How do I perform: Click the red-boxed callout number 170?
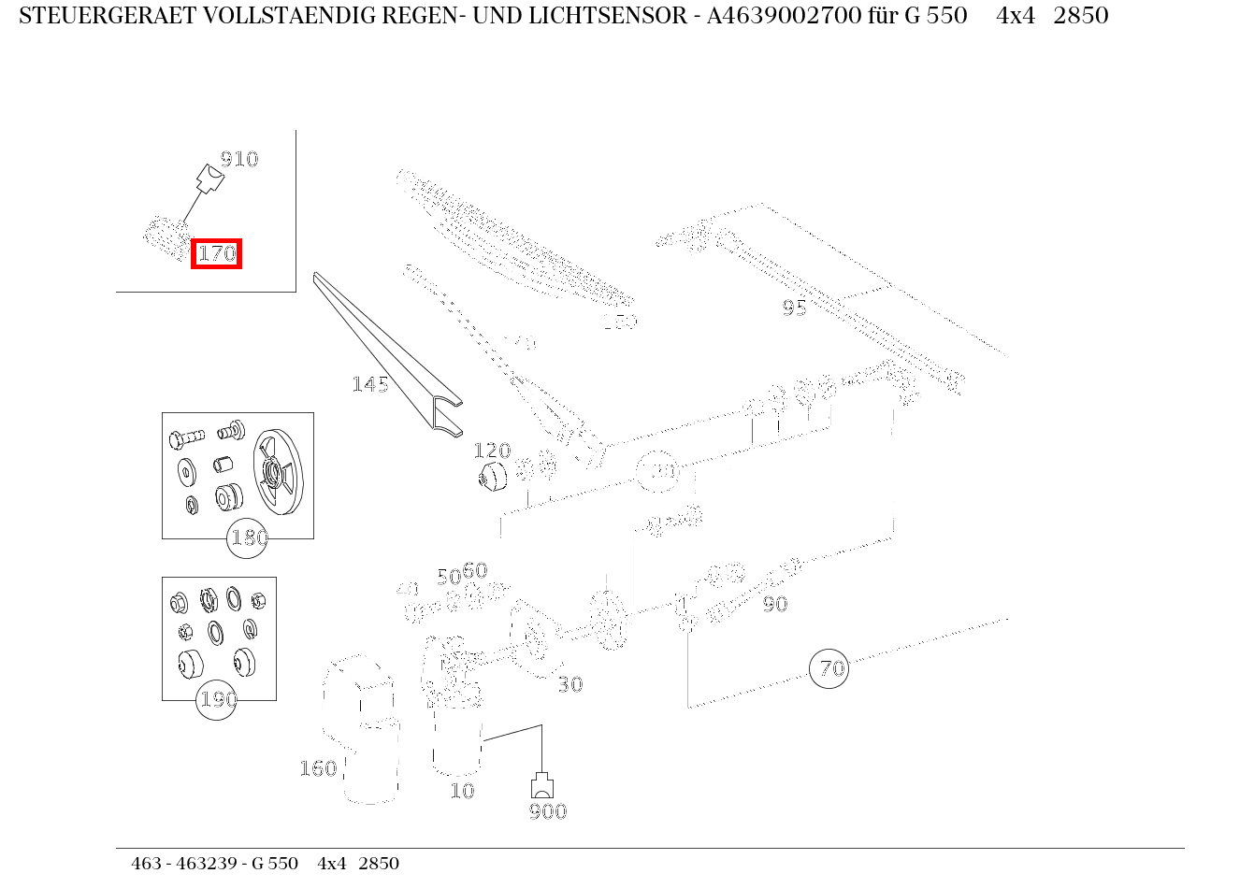(x=216, y=253)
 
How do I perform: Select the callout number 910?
(x=238, y=159)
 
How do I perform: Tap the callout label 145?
(x=370, y=384)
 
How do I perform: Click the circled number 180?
(x=248, y=538)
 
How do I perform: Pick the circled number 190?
(x=217, y=699)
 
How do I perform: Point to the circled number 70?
(x=829, y=668)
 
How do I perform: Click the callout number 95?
(x=794, y=308)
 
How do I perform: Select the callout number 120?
(x=492, y=451)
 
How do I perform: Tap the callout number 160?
(x=318, y=768)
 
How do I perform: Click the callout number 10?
(x=462, y=791)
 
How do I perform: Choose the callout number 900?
(x=548, y=811)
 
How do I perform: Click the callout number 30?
(x=570, y=684)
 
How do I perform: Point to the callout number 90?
(x=774, y=604)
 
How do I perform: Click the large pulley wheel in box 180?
(x=279, y=473)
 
